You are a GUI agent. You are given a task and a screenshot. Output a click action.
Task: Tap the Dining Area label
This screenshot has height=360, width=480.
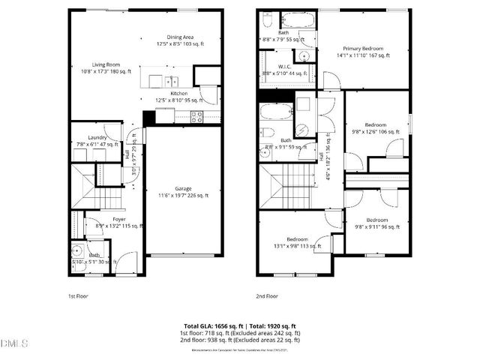(x=180, y=40)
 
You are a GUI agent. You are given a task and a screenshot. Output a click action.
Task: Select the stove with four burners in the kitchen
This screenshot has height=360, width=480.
(x=196, y=115)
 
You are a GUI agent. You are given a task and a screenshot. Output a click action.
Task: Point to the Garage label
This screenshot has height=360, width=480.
(x=182, y=192)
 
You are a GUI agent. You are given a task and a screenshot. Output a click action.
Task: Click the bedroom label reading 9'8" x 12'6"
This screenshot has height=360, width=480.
(x=376, y=128)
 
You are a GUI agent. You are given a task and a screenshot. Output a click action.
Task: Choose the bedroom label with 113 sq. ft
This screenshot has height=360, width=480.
(x=296, y=242)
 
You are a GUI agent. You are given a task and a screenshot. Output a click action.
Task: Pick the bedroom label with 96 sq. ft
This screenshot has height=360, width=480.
(x=376, y=224)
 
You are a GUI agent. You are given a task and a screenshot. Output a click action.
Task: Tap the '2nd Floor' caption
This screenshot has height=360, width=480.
(x=266, y=296)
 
